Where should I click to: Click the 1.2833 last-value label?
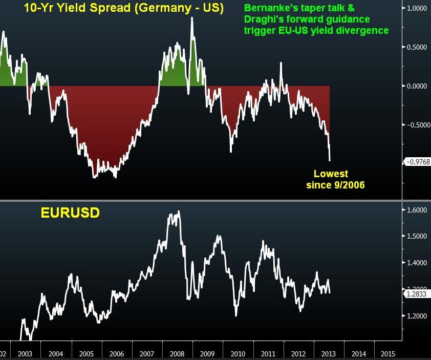[x=416, y=294]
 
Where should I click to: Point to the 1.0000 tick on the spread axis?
[x=417, y=8]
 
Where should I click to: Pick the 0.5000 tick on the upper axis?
[x=417, y=47]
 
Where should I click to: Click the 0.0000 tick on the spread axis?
[x=417, y=86]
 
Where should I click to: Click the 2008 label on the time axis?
[x=177, y=354]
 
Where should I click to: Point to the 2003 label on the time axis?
[x=25, y=354]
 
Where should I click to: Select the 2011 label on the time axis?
[x=268, y=354]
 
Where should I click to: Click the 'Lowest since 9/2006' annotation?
[x=335, y=179]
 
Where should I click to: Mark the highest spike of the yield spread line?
[x=192, y=18]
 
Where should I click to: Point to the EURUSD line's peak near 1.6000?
[x=178, y=211]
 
